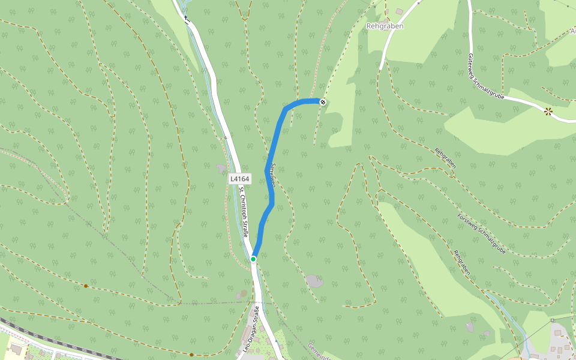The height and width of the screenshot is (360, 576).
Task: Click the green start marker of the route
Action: click(x=253, y=259)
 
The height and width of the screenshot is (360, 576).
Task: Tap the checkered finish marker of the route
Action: click(x=323, y=101)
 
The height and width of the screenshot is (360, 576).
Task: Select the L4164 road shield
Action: click(x=239, y=179)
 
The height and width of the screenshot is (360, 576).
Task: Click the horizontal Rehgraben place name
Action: click(x=385, y=26)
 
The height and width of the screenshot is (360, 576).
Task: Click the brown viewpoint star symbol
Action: click(x=548, y=111)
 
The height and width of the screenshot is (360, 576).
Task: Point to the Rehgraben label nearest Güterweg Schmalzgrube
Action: click(x=445, y=158)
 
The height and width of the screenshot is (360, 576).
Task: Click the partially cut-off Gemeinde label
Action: click(x=318, y=352)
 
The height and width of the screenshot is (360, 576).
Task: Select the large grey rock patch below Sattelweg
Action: click(x=314, y=280)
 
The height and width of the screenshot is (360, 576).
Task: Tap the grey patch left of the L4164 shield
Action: click(x=221, y=169)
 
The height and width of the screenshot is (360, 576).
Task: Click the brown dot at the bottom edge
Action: click(x=191, y=355)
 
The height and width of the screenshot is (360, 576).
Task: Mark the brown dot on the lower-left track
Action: click(x=86, y=286)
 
